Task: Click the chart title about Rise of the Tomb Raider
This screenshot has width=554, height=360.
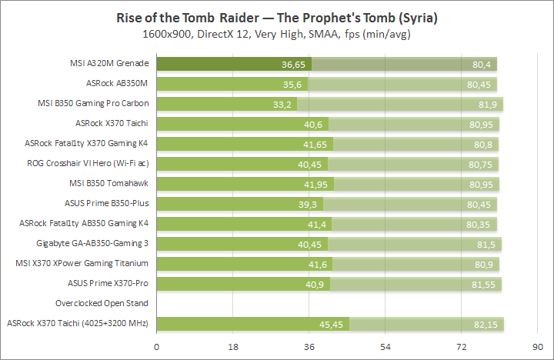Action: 277,17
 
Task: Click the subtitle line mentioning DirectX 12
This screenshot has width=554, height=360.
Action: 277,35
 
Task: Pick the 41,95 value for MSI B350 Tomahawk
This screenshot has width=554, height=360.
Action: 315,183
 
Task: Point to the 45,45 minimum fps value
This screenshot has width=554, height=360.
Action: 332,324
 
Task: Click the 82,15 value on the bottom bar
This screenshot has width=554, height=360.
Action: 488,324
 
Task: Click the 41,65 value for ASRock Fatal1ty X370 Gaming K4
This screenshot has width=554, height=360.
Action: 316,143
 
